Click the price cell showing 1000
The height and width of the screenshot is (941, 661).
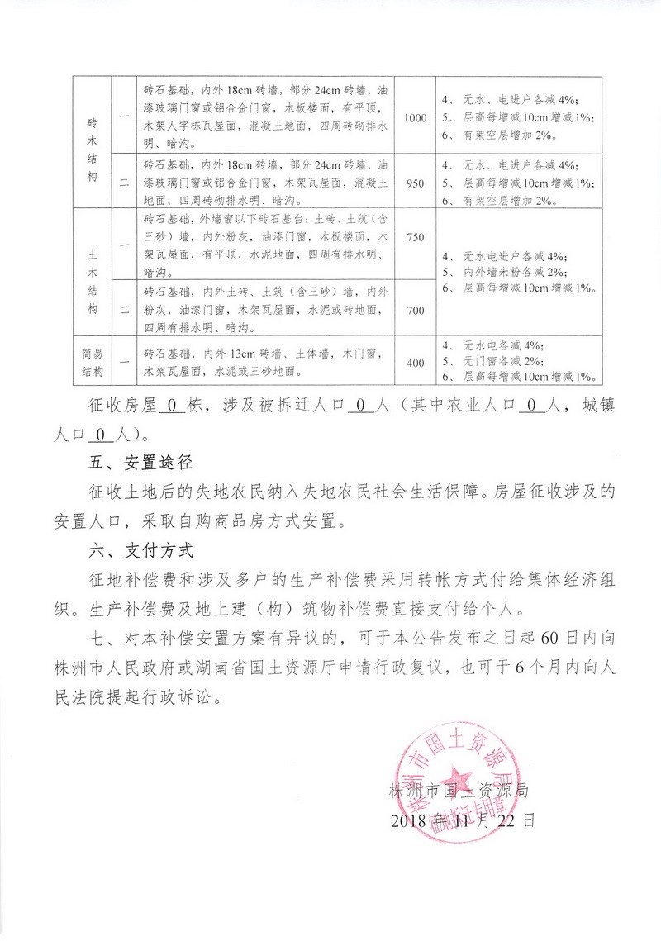416,118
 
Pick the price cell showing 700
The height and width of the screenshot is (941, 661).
416,308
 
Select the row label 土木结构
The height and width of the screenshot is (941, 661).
92,273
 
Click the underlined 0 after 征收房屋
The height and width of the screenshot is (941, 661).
172,406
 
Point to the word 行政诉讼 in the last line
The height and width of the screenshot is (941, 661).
193,697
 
